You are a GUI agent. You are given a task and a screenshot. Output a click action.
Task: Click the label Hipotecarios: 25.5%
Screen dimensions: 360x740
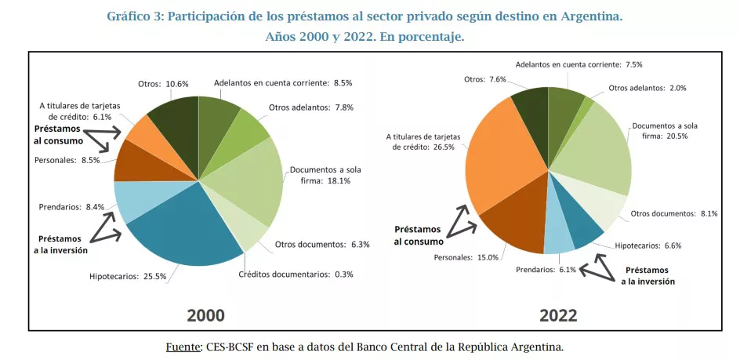tap(128, 275)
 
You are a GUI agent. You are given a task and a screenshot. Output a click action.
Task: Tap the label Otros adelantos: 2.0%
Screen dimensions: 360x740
tap(647, 88)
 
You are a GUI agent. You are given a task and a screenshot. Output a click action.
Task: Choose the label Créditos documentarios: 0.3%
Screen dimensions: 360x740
tap(296, 274)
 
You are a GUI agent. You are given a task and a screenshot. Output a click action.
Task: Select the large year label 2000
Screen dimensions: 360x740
tap(205, 315)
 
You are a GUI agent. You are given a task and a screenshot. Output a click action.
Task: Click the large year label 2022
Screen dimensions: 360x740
tap(558, 315)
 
